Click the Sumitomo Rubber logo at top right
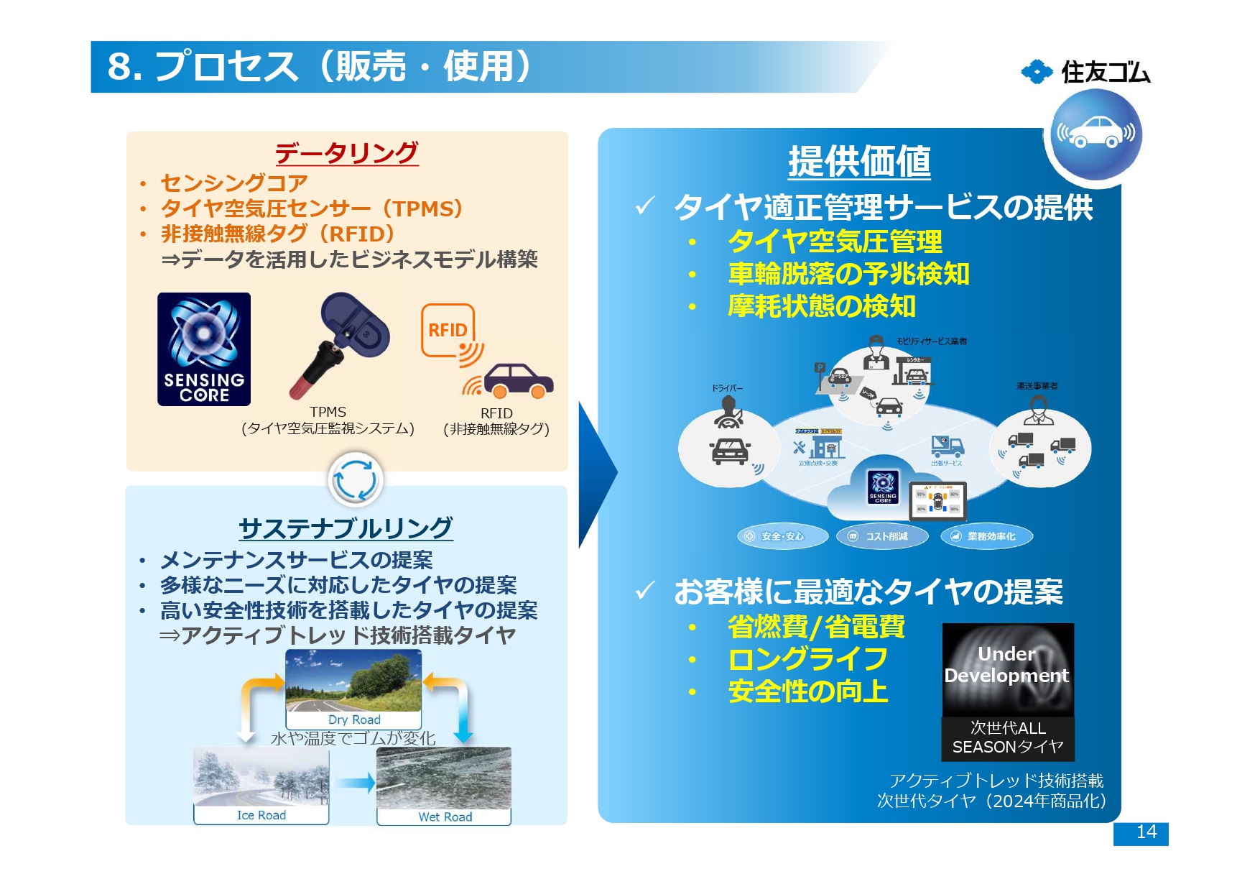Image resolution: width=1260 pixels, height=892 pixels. (x=1085, y=72)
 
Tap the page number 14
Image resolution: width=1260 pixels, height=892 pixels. (x=1145, y=832)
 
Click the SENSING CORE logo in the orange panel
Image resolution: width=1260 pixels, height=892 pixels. (x=204, y=349)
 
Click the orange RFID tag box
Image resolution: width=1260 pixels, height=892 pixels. (x=448, y=330)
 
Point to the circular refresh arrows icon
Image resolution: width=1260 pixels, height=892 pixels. (x=356, y=479)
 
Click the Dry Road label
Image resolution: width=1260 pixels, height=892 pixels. (x=354, y=719)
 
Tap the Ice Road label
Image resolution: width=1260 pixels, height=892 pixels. (x=261, y=815)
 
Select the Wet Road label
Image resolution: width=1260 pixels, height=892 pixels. (x=445, y=817)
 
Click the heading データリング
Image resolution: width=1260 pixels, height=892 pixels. (x=346, y=152)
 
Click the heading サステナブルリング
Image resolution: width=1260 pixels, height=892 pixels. (x=346, y=528)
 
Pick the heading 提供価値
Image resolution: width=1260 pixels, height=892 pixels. (x=859, y=161)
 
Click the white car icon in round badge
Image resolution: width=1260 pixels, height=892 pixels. (x=1095, y=134)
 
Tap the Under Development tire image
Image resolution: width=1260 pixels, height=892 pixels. (x=1007, y=668)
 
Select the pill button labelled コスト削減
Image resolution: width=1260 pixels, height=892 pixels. (x=882, y=536)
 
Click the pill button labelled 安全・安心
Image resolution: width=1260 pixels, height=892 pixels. (x=782, y=536)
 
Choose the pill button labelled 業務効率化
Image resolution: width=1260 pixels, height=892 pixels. (x=986, y=536)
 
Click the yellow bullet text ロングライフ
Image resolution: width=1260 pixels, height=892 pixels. (x=808, y=659)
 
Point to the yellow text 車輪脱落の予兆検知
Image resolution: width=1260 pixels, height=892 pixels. (x=848, y=274)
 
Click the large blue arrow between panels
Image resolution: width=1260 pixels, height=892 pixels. (x=596, y=474)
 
